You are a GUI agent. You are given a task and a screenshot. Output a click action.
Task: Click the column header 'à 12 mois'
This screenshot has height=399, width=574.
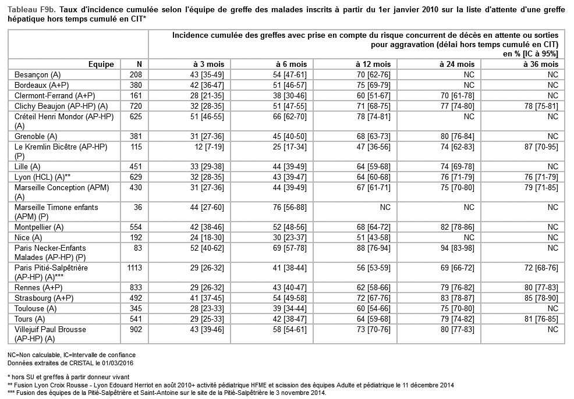[x=373, y=64]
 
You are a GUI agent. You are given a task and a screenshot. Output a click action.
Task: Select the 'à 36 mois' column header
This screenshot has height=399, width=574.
[x=541, y=64]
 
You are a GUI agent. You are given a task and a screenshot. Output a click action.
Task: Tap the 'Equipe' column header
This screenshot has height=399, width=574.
[x=101, y=64]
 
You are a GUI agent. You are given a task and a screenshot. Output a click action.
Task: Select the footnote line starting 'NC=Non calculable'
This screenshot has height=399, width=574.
[x=72, y=354]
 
